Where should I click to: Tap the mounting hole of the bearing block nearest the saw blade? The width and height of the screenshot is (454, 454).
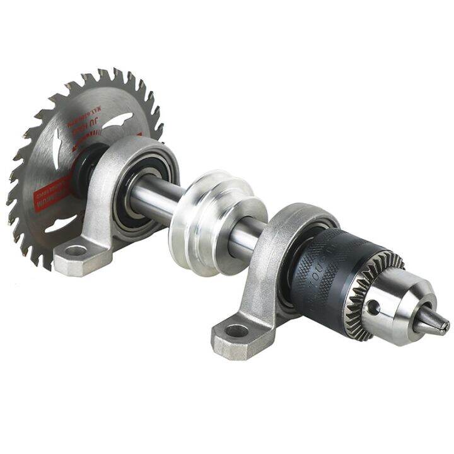pos(75,251)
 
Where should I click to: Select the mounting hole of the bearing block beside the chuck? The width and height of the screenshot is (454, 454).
pos(237,330)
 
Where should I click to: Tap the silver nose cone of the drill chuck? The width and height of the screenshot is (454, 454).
pos(404,309)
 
